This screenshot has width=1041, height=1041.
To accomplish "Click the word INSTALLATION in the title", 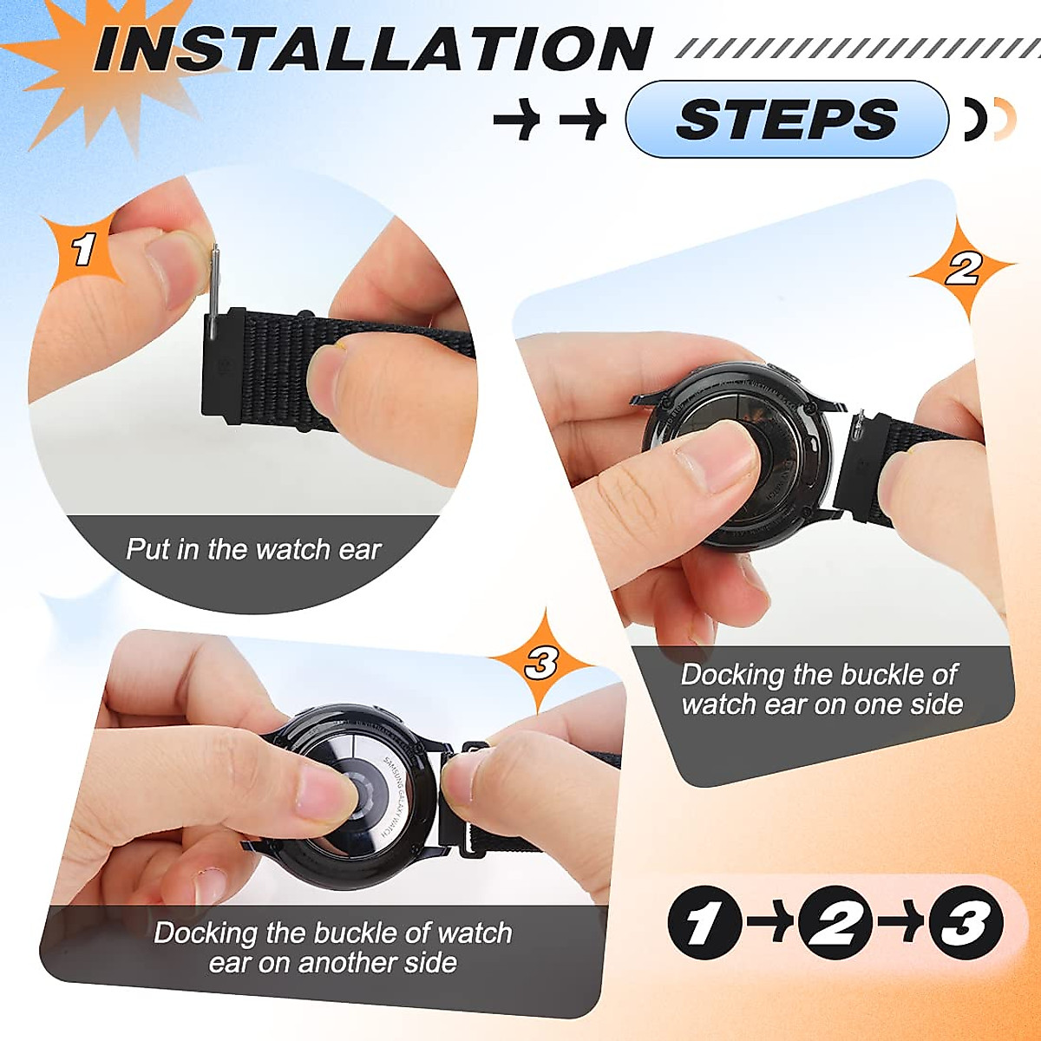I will (373, 49).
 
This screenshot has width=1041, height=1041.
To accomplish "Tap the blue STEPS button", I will (786, 119).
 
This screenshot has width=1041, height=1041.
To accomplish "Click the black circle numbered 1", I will (704, 923).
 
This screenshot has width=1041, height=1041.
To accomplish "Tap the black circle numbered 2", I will (835, 923).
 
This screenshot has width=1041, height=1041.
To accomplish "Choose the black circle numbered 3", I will (966, 923).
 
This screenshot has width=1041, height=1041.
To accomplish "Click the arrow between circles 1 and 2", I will (769, 922).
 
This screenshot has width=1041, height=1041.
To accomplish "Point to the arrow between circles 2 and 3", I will (900, 922).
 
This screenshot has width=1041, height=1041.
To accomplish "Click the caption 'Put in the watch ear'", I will (253, 549).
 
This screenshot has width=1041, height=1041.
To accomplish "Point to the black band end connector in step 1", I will (221, 364).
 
